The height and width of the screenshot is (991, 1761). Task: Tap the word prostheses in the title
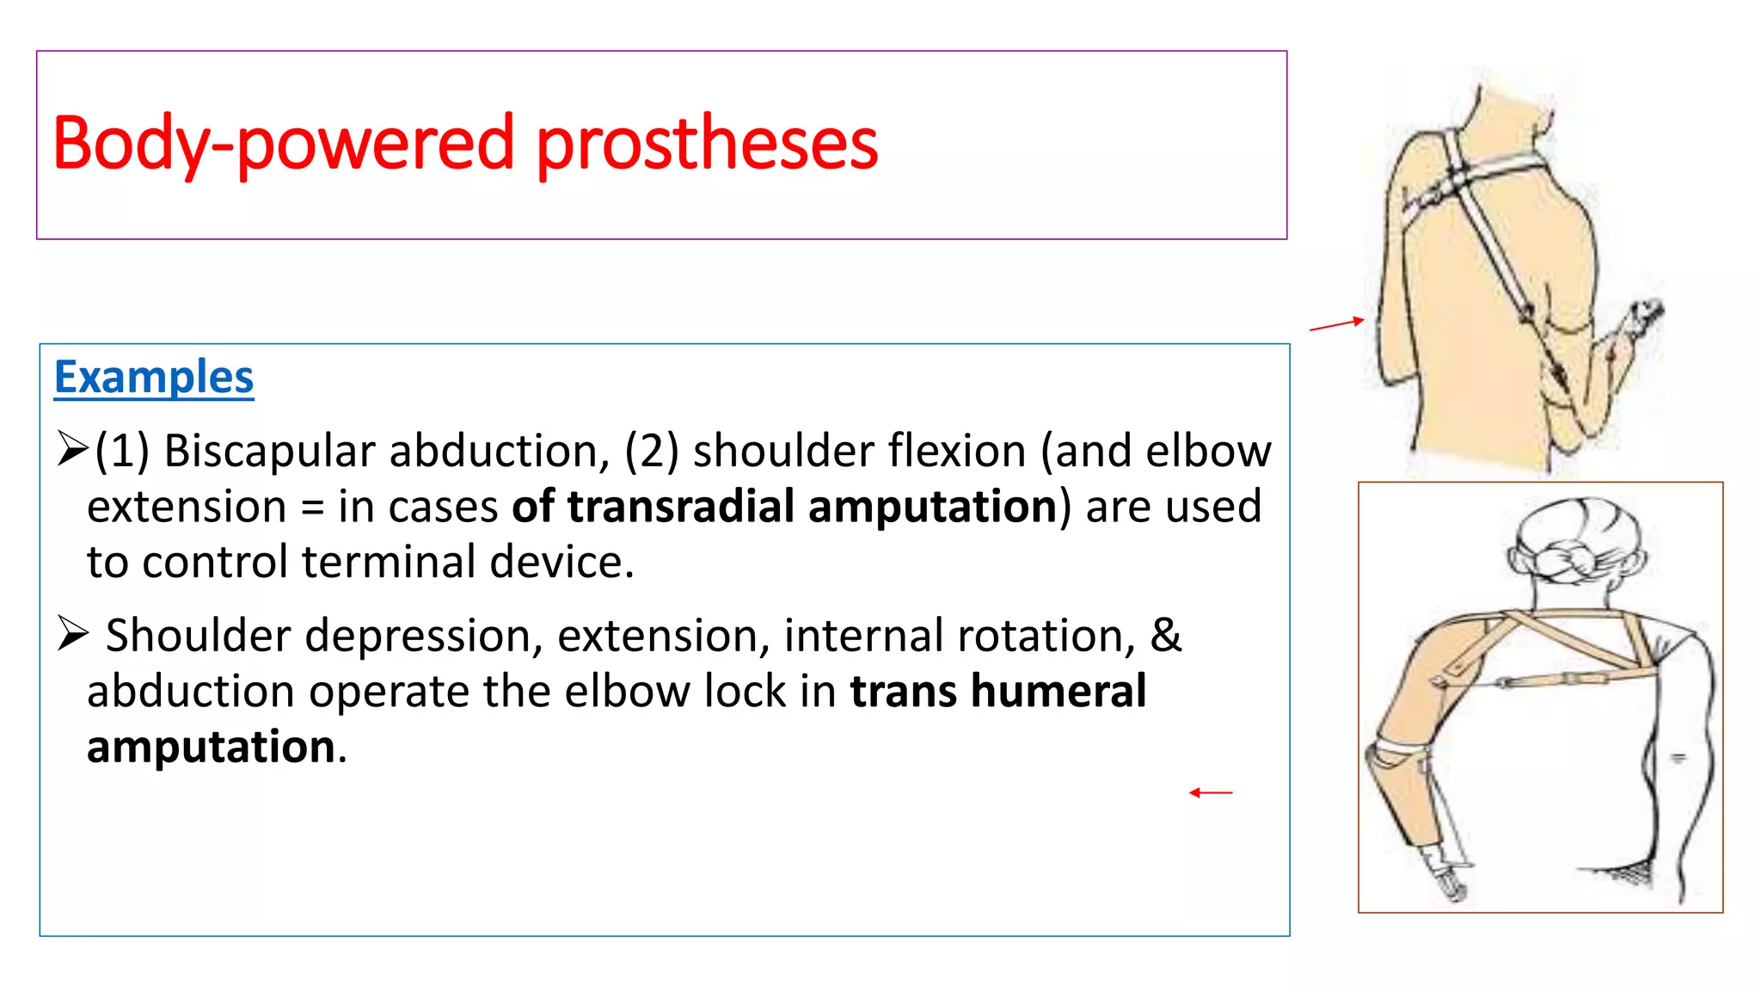[706, 144]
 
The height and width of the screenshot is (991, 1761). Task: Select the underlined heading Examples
[154, 377]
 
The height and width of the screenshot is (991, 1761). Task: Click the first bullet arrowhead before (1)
[72, 448]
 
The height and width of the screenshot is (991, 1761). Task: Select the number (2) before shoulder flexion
[651, 451]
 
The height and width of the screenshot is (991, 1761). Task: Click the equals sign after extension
[312, 508]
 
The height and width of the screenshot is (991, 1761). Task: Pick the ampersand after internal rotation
[1165, 635]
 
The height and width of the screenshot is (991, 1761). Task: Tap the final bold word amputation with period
[216, 746]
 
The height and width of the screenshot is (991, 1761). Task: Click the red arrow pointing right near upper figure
[1336, 324]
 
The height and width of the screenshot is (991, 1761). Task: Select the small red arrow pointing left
[1211, 792]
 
